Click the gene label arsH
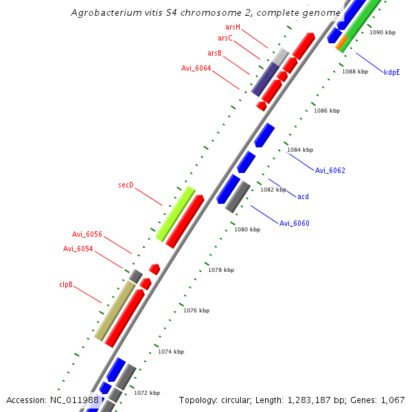[x=233, y=27]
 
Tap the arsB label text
[x=214, y=53]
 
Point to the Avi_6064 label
[x=196, y=68]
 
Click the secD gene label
[x=126, y=185]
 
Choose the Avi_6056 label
[x=87, y=234]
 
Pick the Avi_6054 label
[x=78, y=249]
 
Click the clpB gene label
[x=66, y=284]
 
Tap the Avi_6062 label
[x=330, y=170]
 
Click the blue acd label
[x=303, y=196]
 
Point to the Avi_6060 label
[x=294, y=223]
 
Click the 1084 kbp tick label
[x=300, y=150]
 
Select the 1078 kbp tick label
[x=221, y=270]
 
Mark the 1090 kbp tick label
[x=382, y=32]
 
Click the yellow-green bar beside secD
[x=175, y=213]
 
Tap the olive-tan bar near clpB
[x=115, y=310]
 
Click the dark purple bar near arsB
[x=265, y=79]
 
